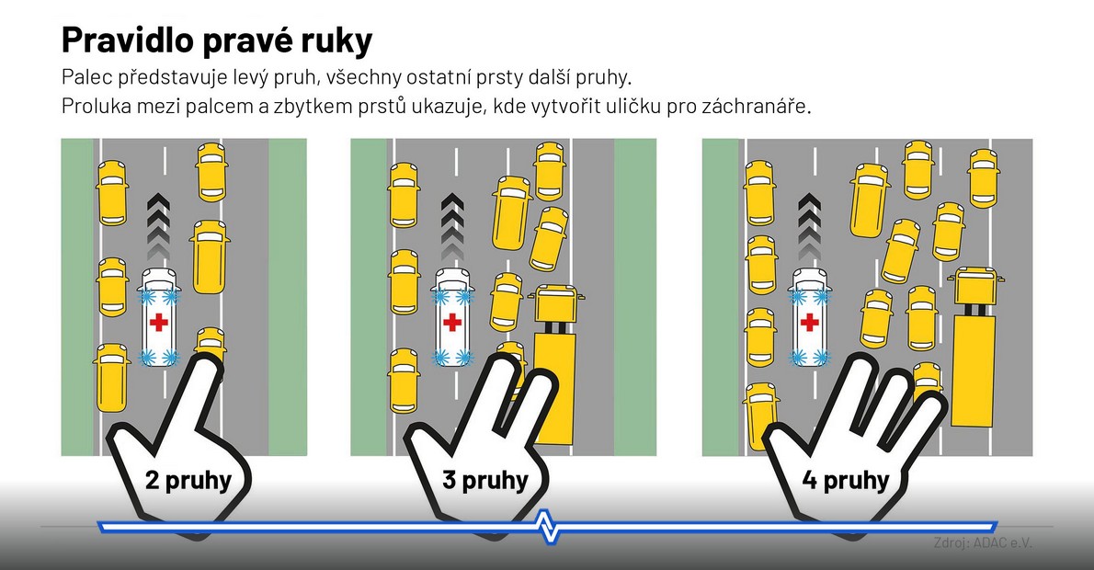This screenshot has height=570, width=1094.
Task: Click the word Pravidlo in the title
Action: pos(129,40)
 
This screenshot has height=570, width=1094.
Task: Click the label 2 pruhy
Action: pos(188,481)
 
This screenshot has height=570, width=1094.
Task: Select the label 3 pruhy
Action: pos(484,481)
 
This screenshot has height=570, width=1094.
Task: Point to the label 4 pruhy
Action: pos(846,481)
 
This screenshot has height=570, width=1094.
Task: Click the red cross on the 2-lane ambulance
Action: pos(159,322)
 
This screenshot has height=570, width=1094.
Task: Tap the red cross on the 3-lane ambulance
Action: pos(452,322)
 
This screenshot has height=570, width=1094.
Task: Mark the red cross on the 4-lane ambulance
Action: pos(809,322)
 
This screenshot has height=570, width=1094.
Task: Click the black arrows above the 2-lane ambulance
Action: pos(159,227)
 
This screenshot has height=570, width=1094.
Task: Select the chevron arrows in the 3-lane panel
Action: pos(452,227)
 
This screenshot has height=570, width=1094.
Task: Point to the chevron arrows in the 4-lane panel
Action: pos(809,227)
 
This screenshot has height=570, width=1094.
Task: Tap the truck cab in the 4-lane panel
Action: pos(975,285)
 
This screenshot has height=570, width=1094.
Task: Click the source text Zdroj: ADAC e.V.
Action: pos(983,542)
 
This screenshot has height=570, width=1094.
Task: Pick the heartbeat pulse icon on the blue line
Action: pos(549,527)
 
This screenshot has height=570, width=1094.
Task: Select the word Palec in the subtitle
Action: pos(86,76)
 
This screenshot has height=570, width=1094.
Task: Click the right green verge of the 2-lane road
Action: pos(288,297)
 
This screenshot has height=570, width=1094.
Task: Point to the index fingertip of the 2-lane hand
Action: pos(207,363)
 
